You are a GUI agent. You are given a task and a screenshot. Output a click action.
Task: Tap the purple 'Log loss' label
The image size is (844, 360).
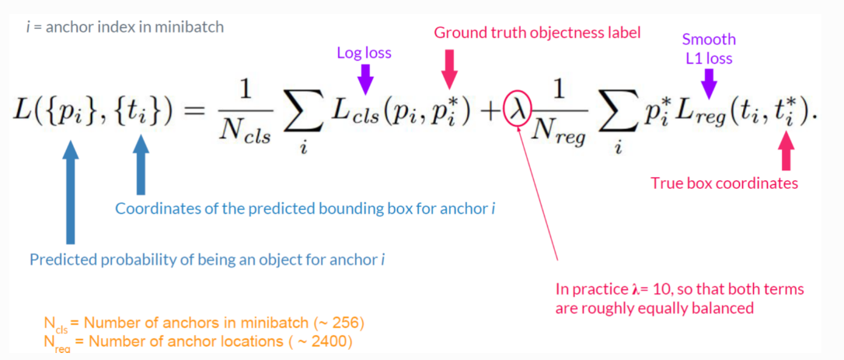tap(364, 54)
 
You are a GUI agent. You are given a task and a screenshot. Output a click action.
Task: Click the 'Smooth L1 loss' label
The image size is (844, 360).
tap(708, 47)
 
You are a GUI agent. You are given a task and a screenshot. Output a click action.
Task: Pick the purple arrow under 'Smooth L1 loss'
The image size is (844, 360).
tap(707, 81)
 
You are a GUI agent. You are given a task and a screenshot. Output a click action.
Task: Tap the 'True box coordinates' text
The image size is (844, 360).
tap(724, 183)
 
